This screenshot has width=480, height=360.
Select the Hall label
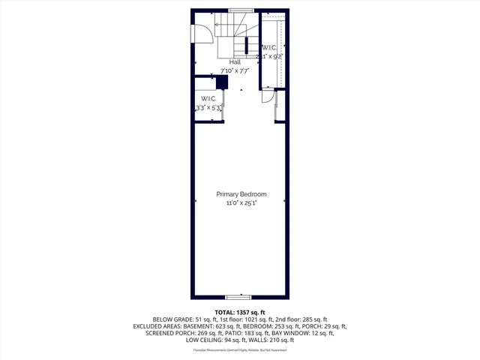[224, 62]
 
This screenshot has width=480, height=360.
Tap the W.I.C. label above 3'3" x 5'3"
[208, 99]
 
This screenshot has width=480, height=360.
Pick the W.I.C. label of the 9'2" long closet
[270, 48]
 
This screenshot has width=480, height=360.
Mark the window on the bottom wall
[239, 298]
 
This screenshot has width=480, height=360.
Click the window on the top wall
[241, 10]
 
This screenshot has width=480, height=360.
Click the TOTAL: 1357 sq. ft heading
[240, 312]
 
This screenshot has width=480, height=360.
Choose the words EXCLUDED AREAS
[158, 327]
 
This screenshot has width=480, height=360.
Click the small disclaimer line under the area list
[240, 350]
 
